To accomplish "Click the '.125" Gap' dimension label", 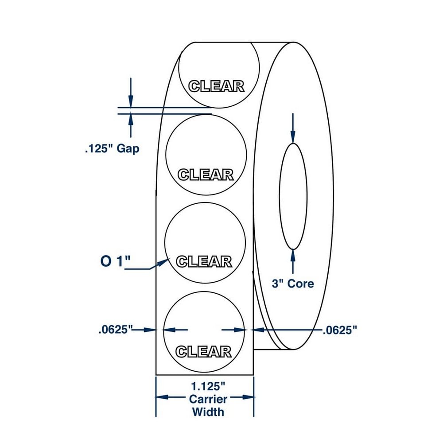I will click(112, 148).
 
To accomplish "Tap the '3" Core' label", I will click(292, 284).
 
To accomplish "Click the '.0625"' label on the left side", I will click(116, 330).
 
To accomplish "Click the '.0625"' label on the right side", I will click(339, 330).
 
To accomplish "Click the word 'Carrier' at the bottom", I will click(208, 399).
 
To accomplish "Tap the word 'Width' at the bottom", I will click(208, 412).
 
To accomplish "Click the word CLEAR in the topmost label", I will click(216, 86).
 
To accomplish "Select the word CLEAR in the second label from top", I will click(205, 175).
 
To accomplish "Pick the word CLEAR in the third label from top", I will click(204, 261).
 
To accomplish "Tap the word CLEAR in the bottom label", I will click(203, 352).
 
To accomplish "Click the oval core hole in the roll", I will click(293, 196).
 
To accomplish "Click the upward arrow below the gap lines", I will click(130, 120).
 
